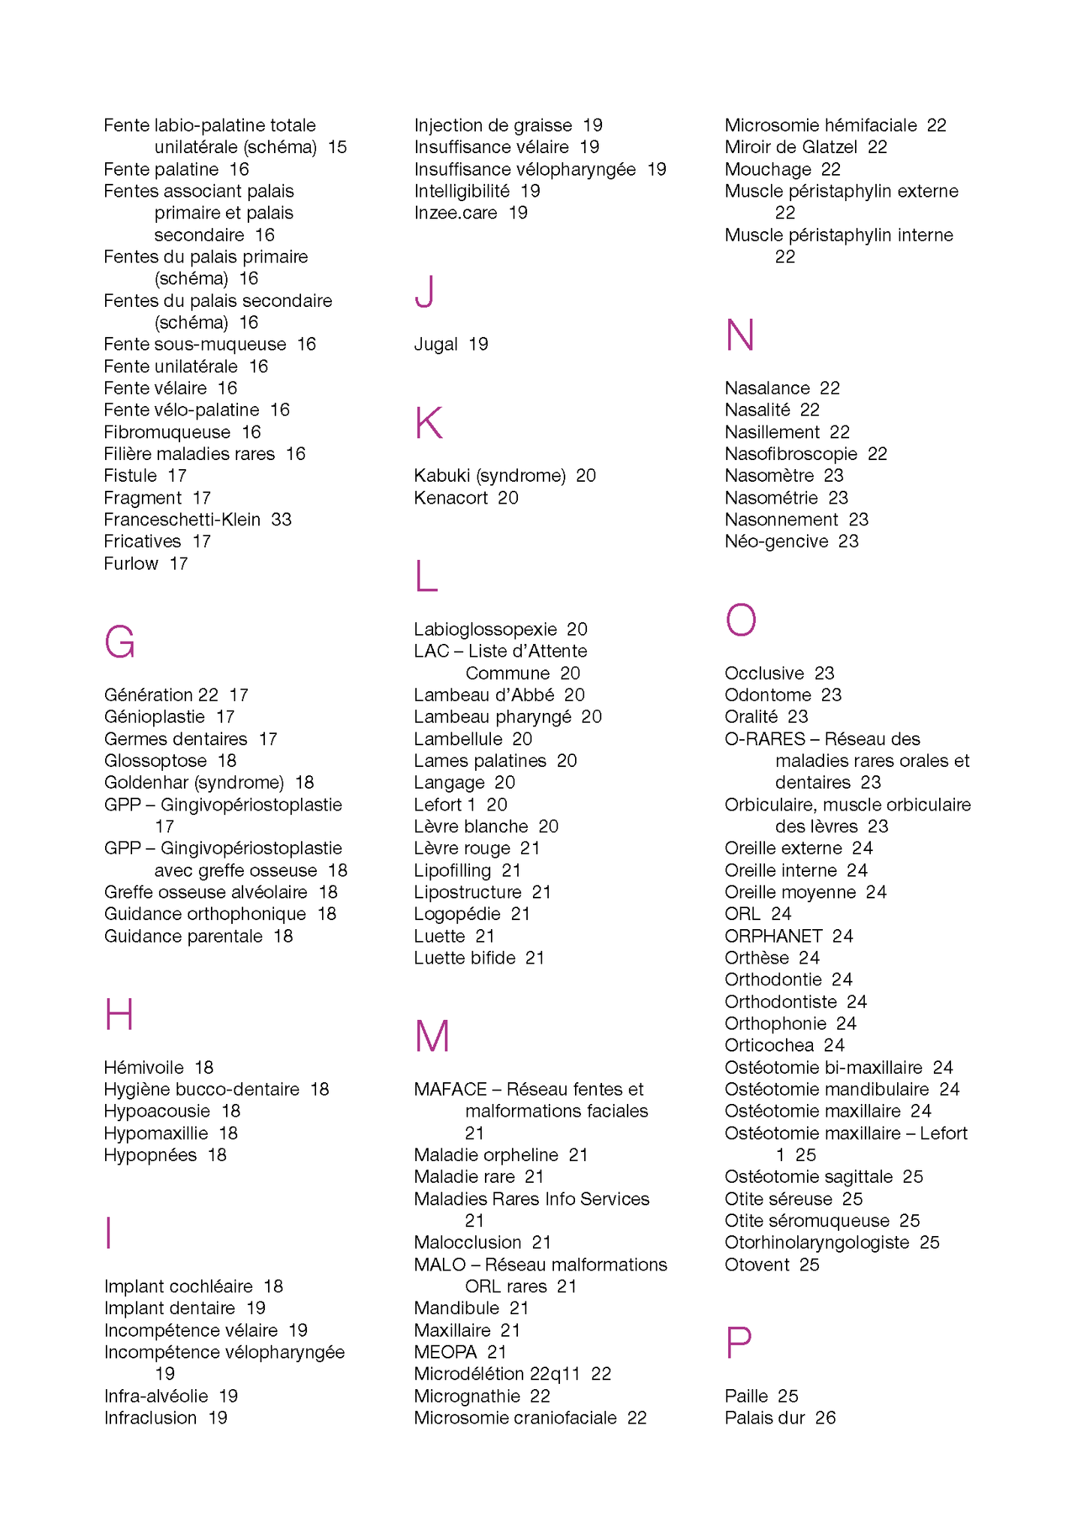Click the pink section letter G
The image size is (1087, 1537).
point(119,642)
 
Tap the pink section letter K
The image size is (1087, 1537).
point(428,423)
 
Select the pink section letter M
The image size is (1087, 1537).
point(432,1036)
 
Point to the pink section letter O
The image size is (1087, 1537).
point(740,620)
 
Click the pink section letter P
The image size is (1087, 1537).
point(738,1343)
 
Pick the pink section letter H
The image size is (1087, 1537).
point(119,1015)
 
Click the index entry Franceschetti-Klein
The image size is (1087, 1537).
point(182,519)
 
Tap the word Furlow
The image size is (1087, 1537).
point(131,564)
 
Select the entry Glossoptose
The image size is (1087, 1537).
point(155,761)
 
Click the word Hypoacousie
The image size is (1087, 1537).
point(157,1111)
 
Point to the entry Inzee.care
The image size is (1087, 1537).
point(456,213)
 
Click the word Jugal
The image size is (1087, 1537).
point(435,344)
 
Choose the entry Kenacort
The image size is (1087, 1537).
point(450,498)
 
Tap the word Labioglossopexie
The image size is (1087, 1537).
point(485,629)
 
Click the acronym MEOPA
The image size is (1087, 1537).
point(445,1352)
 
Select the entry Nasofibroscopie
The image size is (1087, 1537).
point(790,454)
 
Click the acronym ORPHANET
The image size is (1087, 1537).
point(773,936)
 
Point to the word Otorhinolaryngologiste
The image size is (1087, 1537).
point(817,1243)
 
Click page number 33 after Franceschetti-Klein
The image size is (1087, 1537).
point(282,519)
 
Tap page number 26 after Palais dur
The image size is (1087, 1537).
point(825,1418)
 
